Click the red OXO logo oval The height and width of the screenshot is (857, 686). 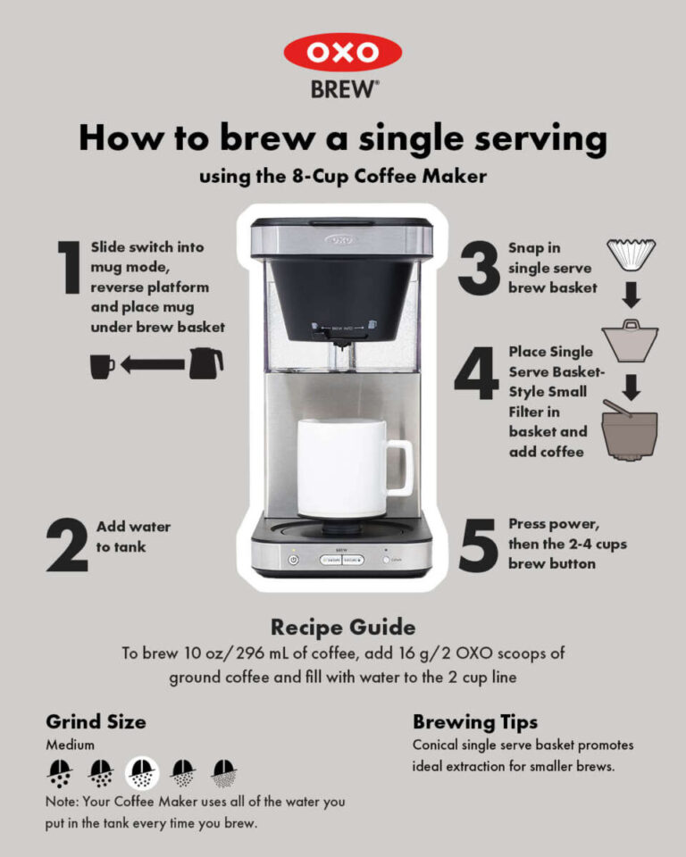click(343, 53)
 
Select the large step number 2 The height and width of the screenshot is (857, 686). click(67, 545)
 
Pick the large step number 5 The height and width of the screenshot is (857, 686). click(478, 545)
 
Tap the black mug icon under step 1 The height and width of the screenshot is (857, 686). click(103, 364)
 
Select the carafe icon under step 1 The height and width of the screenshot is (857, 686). click(206, 363)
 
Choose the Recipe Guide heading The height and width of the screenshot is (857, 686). click(343, 627)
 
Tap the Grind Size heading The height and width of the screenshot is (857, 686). click(96, 721)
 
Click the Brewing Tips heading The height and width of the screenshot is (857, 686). click(475, 721)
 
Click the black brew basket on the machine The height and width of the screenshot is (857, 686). click(342, 295)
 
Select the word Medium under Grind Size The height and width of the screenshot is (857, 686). click(70, 744)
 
